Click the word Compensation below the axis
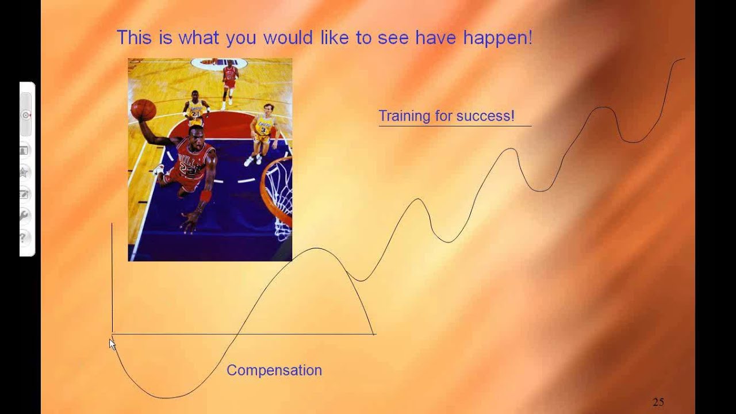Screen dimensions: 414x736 (274, 370)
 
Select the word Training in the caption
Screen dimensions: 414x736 (404, 116)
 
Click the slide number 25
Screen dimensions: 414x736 (658, 402)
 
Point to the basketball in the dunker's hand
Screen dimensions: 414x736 (143, 109)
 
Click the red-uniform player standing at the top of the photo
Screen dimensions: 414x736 (230, 78)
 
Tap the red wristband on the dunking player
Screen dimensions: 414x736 (205, 196)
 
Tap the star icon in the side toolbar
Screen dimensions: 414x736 (24, 172)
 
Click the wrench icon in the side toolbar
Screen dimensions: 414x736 (24, 215)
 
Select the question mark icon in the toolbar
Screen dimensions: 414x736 (24, 236)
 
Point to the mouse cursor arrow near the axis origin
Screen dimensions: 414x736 (112, 343)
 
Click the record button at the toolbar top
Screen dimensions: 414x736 (26, 115)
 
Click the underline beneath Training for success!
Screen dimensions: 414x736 (454, 125)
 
